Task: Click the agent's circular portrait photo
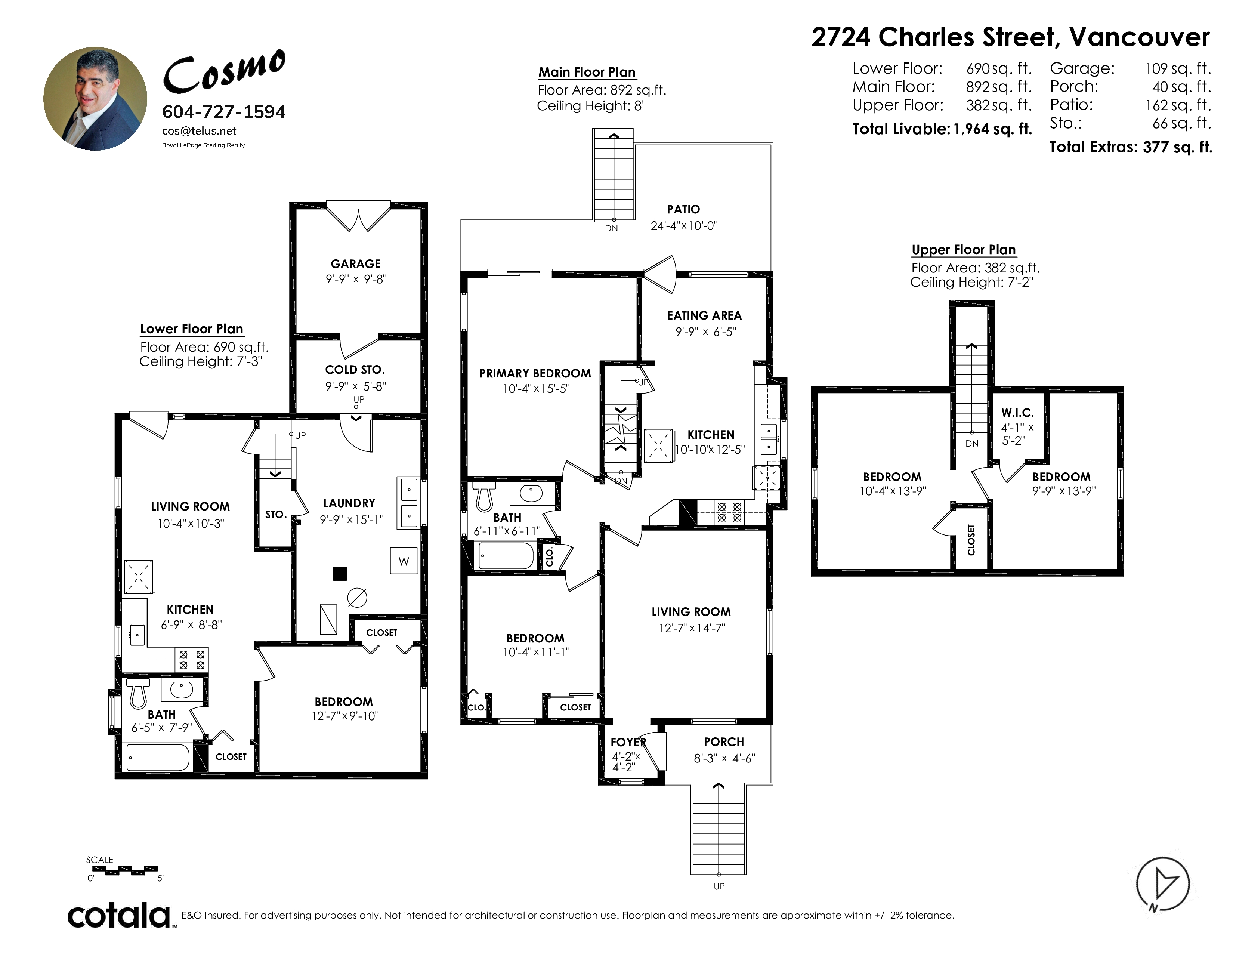tap(95, 98)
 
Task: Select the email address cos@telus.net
tap(199, 131)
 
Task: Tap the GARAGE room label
tap(356, 263)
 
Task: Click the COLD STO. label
tap(355, 370)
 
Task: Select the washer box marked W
tap(404, 561)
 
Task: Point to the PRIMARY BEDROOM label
tap(535, 373)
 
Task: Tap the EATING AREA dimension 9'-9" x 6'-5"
tap(706, 332)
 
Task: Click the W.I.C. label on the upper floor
tap(1017, 413)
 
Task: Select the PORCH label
tap(724, 742)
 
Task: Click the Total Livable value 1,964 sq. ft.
tap(992, 129)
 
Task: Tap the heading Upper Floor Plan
tap(964, 250)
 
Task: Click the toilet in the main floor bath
tap(484, 495)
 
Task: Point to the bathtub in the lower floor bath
tap(158, 757)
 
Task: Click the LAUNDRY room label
tap(349, 503)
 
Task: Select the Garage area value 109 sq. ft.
tap(1178, 69)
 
